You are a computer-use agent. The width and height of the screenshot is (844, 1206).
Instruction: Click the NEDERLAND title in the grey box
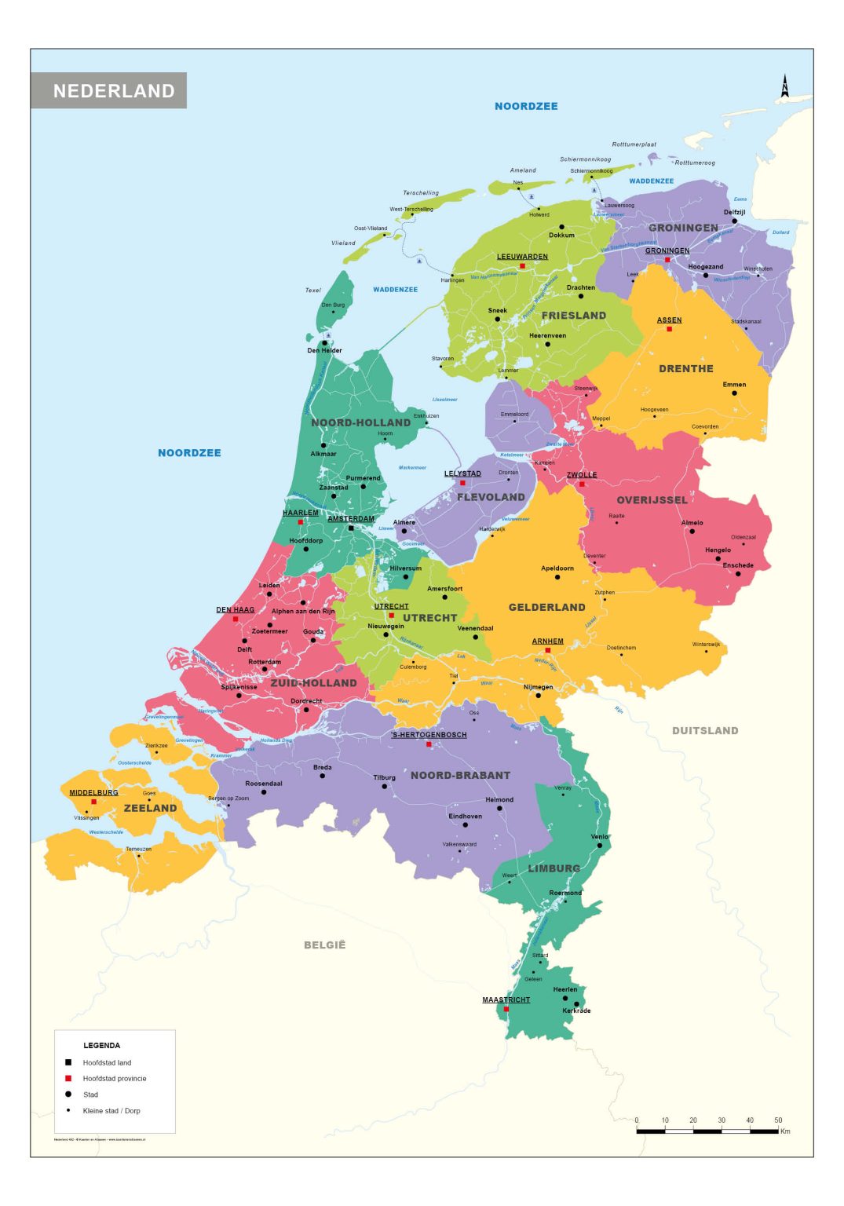(114, 91)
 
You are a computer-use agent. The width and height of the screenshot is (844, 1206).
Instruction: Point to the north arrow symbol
(784, 86)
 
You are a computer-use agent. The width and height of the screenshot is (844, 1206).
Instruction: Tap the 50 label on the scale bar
(777, 1120)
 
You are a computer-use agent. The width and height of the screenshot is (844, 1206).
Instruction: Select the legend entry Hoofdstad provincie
(114, 1078)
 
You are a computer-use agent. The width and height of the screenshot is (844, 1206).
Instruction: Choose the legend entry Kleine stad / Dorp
(111, 1110)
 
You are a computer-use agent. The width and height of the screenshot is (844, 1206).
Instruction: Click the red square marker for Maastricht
(506, 1009)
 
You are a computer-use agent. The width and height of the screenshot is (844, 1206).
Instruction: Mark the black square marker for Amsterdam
(351, 528)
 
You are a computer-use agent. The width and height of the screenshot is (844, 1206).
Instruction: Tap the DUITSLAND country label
(704, 730)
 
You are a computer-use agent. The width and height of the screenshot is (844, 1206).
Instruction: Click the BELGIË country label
(324, 945)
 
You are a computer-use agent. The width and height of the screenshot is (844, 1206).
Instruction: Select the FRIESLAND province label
(573, 316)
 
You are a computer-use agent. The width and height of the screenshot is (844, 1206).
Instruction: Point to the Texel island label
(312, 290)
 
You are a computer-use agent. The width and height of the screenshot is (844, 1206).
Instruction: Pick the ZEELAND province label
(150, 808)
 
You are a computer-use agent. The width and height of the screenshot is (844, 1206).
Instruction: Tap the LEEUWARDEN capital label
(522, 257)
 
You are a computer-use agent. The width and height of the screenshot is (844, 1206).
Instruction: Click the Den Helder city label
(324, 350)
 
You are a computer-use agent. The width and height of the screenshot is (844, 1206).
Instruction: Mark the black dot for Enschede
(737, 574)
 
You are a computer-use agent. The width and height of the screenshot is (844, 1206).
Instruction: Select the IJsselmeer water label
(444, 400)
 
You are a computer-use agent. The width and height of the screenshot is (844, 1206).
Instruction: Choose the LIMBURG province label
(554, 868)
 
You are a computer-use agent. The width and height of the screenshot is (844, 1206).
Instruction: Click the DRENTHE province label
(685, 368)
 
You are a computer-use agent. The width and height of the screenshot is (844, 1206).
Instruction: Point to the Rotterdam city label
(264, 662)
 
